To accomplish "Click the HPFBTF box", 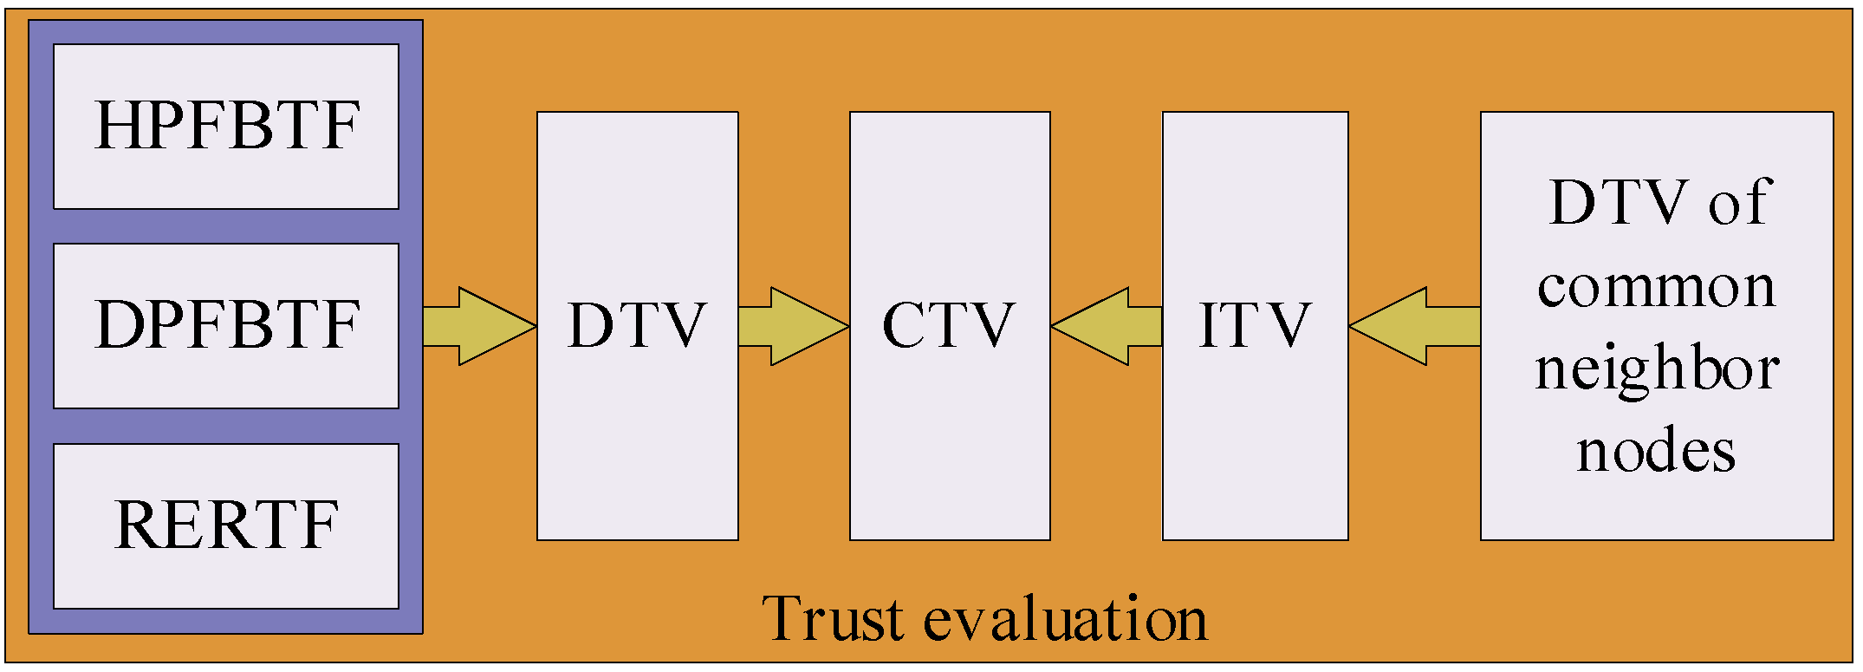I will pos(225,127).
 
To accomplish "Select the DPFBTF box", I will pos(225,326).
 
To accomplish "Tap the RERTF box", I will pos(225,525).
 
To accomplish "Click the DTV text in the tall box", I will pos(637,326).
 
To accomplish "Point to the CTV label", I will pos(949,326).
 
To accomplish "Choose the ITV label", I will pos(1254,326).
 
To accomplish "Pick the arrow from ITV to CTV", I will pos(1107,326).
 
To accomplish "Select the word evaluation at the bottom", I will pos(1065,619).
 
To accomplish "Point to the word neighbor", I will pos(1656,369).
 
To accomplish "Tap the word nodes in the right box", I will pos(1656,452).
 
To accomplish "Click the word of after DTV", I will pos(1738,203).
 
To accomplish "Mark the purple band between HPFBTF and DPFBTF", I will pos(225,226).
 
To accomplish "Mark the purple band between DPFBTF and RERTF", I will pos(225,426).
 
